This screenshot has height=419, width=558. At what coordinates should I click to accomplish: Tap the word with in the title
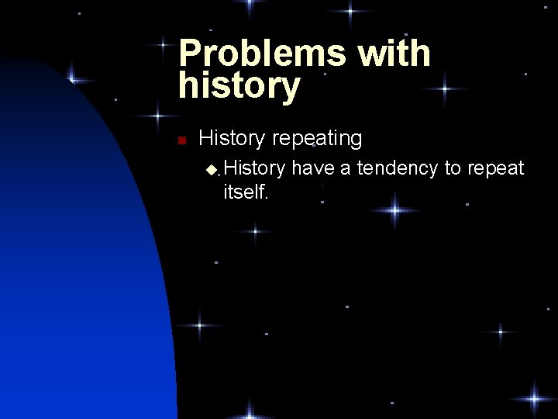tap(393, 54)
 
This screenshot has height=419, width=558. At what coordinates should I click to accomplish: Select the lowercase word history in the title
tap(239, 86)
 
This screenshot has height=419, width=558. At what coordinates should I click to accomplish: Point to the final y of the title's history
tap(289, 89)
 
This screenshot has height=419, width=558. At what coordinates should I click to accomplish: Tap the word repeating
tap(316, 139)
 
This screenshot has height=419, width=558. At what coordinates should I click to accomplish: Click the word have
tap(312, 168)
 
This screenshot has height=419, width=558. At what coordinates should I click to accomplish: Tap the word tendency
tap(397, 168)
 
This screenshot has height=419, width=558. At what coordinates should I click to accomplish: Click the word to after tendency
tap(453, 168)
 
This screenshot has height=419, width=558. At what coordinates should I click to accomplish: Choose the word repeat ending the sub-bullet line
tap(495, 168)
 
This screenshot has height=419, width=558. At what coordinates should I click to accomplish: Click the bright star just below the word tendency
tap(395, 209)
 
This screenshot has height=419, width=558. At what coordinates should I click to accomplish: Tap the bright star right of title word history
tap(443, 89)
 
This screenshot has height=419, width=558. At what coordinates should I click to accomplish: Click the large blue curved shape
tap(77, 272)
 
